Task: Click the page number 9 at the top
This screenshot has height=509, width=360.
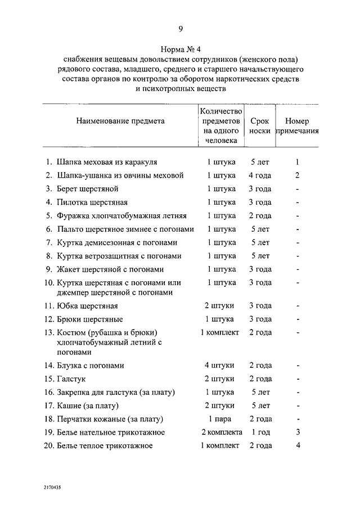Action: click(x=180, y=29)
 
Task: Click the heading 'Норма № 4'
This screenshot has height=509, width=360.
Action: click(x=180, y=49)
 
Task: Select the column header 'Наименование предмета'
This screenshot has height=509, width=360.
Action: click(x=120, y=120)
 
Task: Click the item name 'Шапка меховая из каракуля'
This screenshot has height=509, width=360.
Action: click(x=106, y=162)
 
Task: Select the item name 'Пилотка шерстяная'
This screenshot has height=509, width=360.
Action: click(x=92, y=202)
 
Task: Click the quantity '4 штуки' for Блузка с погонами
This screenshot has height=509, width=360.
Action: click(x=220, y=366)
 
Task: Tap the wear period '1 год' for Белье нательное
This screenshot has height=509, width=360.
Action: click(x=260, y=433)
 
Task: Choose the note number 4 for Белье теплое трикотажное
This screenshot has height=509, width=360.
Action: click(x=298, y=446)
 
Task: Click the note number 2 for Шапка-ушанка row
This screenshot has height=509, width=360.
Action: click(x=298, y=175)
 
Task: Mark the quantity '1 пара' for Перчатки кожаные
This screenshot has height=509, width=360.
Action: click(x=220, y=419)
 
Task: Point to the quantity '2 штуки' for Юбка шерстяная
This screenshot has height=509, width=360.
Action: click(x=220, y=307)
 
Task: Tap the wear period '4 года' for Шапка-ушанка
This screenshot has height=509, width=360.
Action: click(x=260, y=175)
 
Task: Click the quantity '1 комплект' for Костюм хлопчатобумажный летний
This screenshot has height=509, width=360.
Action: click(x=220, y=332)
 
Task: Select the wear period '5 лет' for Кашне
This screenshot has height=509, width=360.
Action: click(x=260, y=406)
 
